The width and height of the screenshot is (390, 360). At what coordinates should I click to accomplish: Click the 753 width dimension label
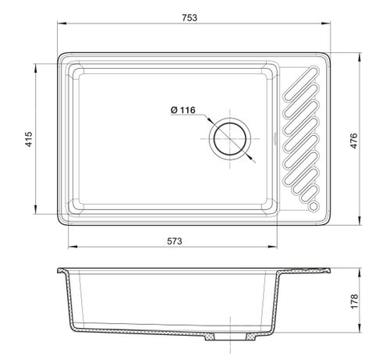point(190,18)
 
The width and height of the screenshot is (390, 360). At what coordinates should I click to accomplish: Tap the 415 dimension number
point(29,139)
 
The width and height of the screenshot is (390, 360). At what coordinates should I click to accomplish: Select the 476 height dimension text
point(354,141)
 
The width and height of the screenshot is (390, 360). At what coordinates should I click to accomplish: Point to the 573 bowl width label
point(175,241)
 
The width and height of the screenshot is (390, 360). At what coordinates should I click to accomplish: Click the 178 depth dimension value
point(354,301)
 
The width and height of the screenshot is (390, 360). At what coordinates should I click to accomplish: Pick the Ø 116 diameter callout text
point(183,110)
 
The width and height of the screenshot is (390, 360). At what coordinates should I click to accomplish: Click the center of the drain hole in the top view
point(230,139)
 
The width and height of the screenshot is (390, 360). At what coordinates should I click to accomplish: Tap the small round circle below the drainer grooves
point(314,206)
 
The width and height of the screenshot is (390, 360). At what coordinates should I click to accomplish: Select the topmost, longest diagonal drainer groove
point(301,84)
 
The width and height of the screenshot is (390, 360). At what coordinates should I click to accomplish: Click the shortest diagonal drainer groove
point(309,194)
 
